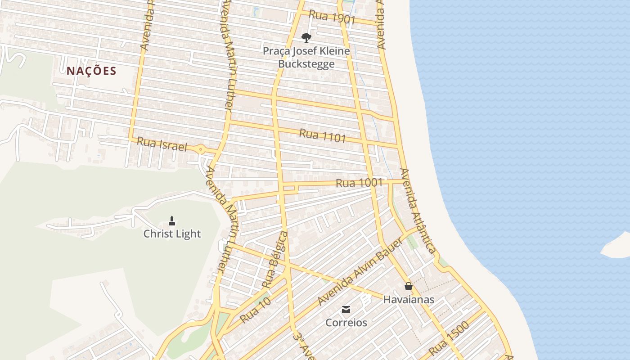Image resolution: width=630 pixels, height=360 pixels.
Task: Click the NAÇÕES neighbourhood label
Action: pos(91,71)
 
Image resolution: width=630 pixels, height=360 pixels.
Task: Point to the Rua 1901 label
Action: pos(333,18)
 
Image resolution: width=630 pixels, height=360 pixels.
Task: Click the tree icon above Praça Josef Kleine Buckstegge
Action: pos(306,37)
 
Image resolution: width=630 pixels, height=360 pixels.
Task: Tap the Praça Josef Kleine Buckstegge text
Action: pos(306,57)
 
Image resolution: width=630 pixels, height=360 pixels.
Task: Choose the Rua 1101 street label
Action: pos(322,135)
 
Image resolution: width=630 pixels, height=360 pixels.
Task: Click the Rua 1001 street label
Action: pos(359,183)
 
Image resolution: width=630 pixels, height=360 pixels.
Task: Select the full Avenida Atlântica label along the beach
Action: pos(418,211)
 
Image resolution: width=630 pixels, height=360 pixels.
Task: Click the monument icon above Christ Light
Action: pos(171,220)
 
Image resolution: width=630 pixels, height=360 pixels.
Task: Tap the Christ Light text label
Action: pos(172,234)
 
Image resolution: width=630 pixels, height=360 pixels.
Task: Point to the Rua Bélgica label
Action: pos(275,260)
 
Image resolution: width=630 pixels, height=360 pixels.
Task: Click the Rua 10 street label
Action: pos(255,310)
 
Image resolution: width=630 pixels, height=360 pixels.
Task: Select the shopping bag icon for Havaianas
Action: pos(409,286)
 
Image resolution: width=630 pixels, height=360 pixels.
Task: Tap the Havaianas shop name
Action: pos(409,300)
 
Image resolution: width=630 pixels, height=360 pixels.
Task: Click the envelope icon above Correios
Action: pos(346,310)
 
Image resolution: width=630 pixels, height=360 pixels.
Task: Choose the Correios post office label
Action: pos(346,323)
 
